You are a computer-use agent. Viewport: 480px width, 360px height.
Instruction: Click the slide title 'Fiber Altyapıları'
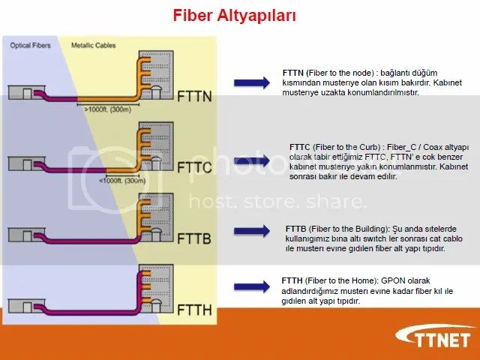(234, 14)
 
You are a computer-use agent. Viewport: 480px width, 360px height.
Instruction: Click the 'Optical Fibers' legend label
(29, 46)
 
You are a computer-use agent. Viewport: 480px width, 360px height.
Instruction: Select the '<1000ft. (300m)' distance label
(122, 181)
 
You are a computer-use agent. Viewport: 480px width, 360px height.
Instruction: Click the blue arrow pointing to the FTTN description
(252, 82)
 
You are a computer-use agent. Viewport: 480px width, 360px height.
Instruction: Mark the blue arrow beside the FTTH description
(252, 286)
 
